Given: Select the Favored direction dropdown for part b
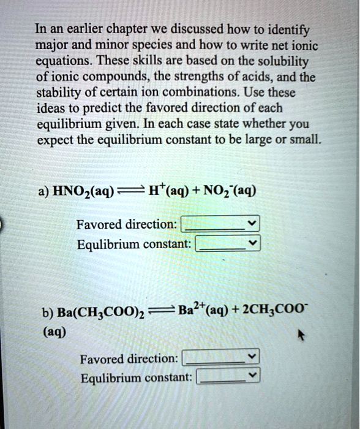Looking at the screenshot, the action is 222,357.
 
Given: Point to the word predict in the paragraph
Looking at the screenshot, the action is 92,110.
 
